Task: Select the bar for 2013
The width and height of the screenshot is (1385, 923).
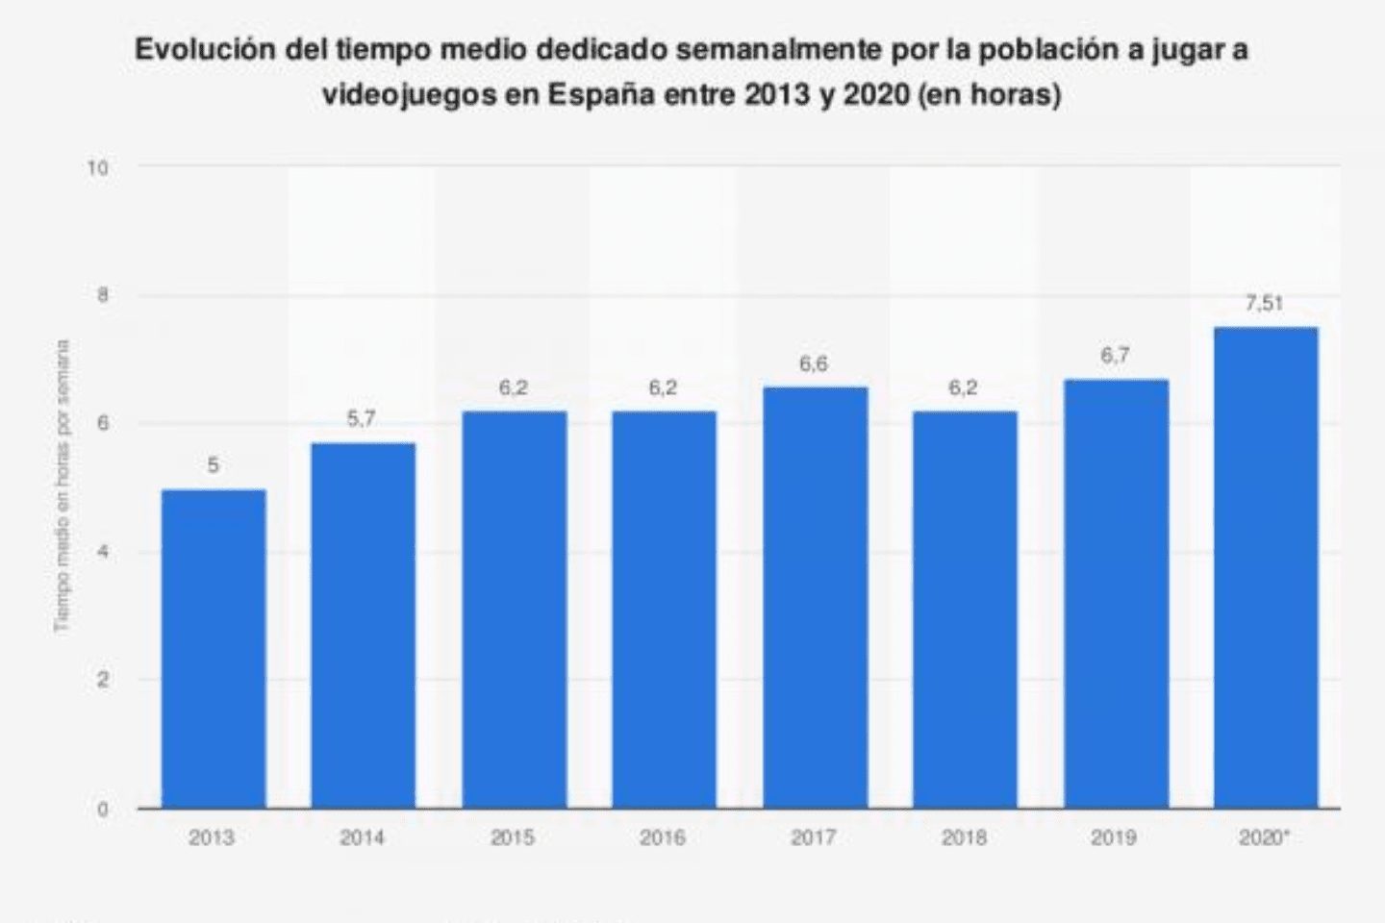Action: pyautogui.click(x=214, y=649)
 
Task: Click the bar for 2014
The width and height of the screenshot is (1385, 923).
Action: pyautogui.click(x=363, y=625)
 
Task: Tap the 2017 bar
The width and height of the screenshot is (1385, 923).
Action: pyautogui.click(x=815, y=597)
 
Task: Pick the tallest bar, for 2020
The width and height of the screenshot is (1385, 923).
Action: pyautogui.click(x=1266, y=567)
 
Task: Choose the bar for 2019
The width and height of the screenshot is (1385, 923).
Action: pyautogui.click(x=1116, y=593)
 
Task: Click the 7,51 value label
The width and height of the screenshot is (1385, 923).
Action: pyautogui.click(x=1264, y=303)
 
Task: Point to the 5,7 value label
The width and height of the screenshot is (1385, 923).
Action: pyautogui.click(x=362, y=419)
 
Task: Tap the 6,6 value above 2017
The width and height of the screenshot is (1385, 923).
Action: pyautogui.click(x=814, y=364)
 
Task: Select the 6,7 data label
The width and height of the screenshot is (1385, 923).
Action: pyautogui.click(x=1115, y=356)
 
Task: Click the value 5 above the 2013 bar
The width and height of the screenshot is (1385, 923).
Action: pyautogui.click(x=214, y=465)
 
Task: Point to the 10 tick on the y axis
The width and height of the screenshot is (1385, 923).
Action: pyautogui.click(x=97, y=168)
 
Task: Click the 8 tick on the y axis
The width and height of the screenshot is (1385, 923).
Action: pyautogui.click(x=102, y=296)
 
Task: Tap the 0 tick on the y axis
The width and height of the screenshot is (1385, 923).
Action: pyautogui.click(x=102, y=809)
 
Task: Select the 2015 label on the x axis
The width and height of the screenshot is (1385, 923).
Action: pyautogui.click(x=513, y=838)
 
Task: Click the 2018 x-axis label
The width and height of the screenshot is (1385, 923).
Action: pyautogui.click(x=965, y=838)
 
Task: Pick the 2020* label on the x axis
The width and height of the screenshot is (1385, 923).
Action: pyautogui.click(x=1265, y=838)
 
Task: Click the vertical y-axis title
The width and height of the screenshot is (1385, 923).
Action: pyautogui.click(x=63, y=486)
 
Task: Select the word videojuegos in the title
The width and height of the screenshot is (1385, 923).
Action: pyautogui.click(x=407, y=96)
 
